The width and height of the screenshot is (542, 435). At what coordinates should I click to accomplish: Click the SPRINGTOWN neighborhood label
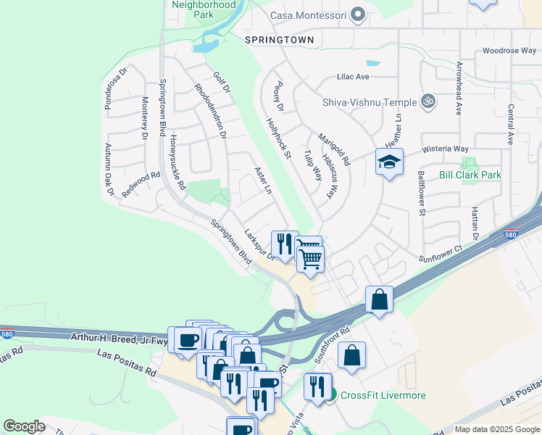pyautogui.click(x=279, y=40)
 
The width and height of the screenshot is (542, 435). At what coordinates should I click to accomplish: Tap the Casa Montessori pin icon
pyautogui.click(x=357, y=14)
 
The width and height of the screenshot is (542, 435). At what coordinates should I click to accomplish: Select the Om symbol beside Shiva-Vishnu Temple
pyautogui.click(x=428, y=101)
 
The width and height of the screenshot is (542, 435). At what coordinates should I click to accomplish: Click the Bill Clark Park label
pyautogui.click(x=470, y=175)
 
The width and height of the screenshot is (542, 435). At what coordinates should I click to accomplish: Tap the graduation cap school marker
pyautogui.click(x=389, y=162)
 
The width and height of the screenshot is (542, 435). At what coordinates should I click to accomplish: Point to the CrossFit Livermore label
pyautogui.click(x=383, y=395)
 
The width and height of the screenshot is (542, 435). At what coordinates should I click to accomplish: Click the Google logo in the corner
pyautogui.click(x=24, y=426)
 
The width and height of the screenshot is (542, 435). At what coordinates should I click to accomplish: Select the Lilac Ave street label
pyautogui.click(x=353, y=76)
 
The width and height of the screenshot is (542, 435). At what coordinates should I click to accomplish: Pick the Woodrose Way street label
pyautogui.click(x=509, y=51)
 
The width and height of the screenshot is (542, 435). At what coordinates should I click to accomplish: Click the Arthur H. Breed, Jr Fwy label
pyautogui.click(x=119, y=337)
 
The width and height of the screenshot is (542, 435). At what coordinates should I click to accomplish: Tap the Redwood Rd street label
pyautogui.click(x=141, y=185)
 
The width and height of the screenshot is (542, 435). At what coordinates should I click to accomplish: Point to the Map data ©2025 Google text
pyautogui.click(x=496, y=429)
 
